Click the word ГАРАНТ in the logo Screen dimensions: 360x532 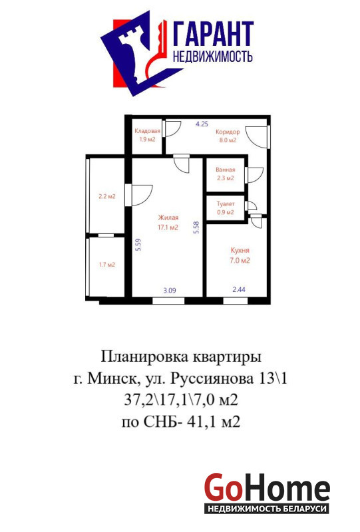214,34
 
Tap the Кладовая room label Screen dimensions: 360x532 147,131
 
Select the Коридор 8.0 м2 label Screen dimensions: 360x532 228,136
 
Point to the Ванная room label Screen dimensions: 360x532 225,170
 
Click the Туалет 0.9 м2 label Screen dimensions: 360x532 226,208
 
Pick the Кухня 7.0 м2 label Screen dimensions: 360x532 240,255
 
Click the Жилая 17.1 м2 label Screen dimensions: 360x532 168,223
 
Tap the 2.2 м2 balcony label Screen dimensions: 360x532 107,196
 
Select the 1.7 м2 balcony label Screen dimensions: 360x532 107,265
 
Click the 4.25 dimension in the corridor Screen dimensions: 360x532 202,124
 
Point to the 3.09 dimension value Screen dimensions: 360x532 170,291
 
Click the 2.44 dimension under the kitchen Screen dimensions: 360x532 239,289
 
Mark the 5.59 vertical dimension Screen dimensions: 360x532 138,245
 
